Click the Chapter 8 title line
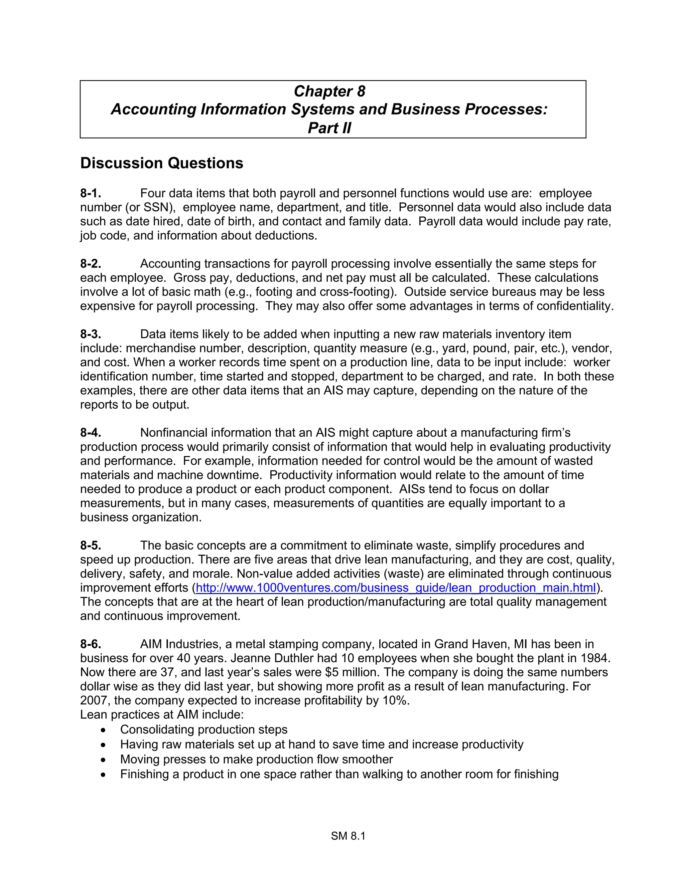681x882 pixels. (329, 91)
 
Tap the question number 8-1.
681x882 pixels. (90, 193)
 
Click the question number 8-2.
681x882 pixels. (90, 264)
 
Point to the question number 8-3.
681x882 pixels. (90, 334)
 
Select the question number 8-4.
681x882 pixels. (90, 433)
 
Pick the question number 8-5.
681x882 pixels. (90, 546)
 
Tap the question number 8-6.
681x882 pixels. (90, 644)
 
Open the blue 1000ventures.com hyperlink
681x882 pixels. (395, 588)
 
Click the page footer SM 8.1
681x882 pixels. (348, 836)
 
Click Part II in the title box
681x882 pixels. (329, 128)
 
